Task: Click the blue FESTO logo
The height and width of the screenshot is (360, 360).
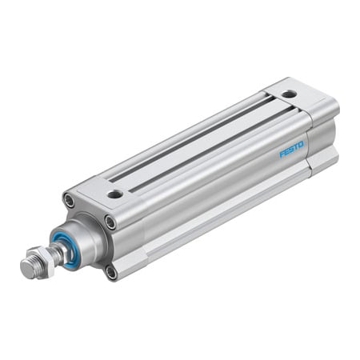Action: point(291,150)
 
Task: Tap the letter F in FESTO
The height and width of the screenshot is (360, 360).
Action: point(282,154)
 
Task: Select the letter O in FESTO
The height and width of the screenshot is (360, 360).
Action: point(302,145)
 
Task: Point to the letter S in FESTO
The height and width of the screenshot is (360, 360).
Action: point(291,150)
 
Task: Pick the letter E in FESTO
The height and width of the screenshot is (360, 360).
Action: point(286,152)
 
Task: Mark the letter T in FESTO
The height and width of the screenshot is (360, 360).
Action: point(296,147)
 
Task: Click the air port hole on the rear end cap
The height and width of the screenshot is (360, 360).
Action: point(289,94)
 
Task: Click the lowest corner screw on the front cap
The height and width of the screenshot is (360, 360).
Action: point(112,273)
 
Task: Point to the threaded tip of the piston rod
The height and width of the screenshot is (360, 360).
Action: point(27,269)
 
